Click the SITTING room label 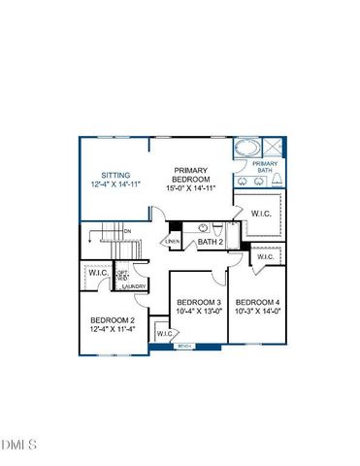[115, 176]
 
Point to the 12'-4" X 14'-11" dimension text [115, 184]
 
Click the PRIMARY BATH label [264, 167]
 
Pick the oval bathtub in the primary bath [247, 150]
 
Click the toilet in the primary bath [278, 181]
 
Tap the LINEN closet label [174, 241]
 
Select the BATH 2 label [211, 242]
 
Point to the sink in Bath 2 [204, 228]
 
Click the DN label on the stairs [126, 230]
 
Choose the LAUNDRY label [135, 286]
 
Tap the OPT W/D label [123, 275]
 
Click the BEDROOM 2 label [112, 319]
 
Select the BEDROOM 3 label [199, 304]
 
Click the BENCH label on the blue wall [183, 346]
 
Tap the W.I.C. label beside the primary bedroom [260, 213]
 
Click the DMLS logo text [19, 446]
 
